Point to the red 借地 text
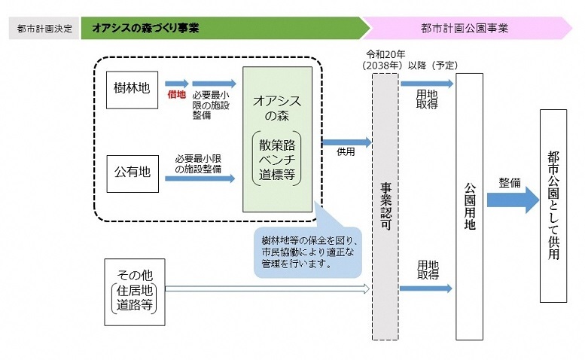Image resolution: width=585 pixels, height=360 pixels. pos(176,96)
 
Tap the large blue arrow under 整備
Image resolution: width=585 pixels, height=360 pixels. pos(512,200)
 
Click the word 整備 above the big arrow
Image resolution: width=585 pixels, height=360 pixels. pos(509,182)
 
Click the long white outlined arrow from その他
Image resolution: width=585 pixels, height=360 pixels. pos(267,288)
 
